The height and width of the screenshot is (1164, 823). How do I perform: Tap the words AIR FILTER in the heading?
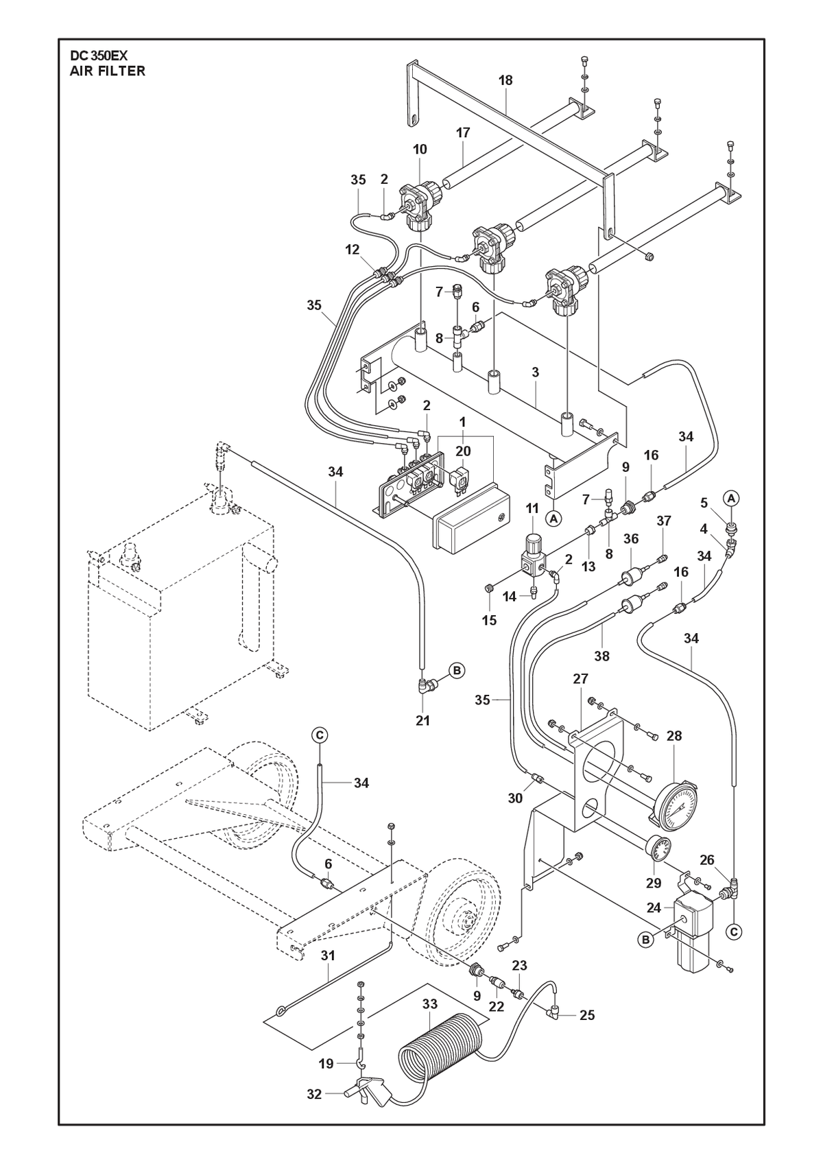point(108,71)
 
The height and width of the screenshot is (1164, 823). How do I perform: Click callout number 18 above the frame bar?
point(505,80)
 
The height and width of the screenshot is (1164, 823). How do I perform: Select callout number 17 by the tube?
point(462,132)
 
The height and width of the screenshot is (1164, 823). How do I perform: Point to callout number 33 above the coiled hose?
point(430,1004)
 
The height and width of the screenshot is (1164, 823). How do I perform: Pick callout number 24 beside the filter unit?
point(654,908)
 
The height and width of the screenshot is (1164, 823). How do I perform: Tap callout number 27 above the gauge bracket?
point(580,678)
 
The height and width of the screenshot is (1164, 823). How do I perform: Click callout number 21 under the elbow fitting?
point(422,720)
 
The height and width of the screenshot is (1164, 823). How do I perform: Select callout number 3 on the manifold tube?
point(535,372)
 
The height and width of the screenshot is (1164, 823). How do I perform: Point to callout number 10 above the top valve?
point(420,149)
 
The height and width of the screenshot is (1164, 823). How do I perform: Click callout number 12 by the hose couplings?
point(353,250)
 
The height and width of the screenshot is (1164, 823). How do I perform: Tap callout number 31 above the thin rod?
point(328,955)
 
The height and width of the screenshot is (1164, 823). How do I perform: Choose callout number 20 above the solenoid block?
point(463,451)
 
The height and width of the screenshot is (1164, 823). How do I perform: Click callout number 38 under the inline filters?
point(601,656)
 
